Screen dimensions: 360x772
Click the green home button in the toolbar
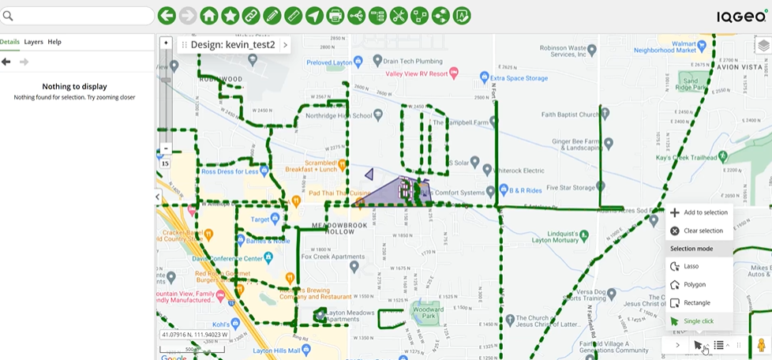click(208, 16)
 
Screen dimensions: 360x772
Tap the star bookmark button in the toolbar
click(230, 16)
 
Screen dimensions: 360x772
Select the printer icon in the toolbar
click(335, 16)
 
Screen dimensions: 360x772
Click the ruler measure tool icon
click(293, 16)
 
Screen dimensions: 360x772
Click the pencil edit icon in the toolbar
click(272, 16)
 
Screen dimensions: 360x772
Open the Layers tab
click(33, 42)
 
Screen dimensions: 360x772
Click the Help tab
click(54, 42)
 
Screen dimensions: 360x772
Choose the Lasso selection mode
click(691, 266)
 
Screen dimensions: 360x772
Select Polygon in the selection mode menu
click(695, 284)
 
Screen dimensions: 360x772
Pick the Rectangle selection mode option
click(697, 303)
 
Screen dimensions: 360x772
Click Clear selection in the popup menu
click(703, 231)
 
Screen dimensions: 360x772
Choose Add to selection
click(705, 212)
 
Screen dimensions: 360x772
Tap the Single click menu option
click(698, 321)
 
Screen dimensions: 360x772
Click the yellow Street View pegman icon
click(761, 345)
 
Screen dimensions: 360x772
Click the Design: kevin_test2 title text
click(233, 45)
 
